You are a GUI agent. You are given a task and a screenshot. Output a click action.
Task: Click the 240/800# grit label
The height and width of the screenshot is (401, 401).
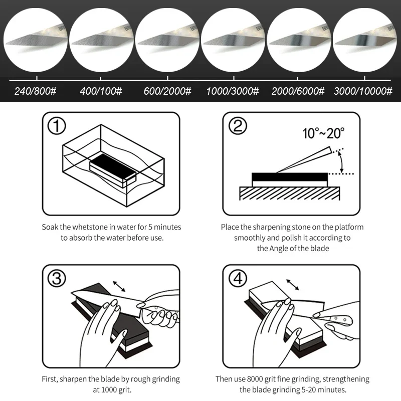[35, 91]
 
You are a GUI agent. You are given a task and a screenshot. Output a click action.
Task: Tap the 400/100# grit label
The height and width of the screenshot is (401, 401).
[101, 91]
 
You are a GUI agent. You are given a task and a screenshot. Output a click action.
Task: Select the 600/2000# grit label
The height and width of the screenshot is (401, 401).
[167, 91]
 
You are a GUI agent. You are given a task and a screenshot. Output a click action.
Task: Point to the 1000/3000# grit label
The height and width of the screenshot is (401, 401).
[233, 91]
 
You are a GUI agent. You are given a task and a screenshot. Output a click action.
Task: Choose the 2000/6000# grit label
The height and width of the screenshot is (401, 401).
[298, 91]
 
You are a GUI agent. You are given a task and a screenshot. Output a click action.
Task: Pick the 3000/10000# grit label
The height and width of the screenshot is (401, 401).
[363, 91]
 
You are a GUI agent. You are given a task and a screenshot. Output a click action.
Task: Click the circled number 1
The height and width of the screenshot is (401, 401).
[57, 126]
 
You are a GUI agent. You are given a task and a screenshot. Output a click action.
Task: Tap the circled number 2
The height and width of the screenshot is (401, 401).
[238, 126]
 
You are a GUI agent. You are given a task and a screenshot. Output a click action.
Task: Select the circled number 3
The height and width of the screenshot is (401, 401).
[57, 278]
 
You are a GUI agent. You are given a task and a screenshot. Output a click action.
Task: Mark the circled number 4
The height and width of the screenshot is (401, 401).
[238, 278]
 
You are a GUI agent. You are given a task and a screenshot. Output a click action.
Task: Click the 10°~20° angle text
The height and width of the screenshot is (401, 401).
[323, 133]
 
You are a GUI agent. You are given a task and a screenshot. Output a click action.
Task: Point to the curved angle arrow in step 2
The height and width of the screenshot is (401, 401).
[342, 161]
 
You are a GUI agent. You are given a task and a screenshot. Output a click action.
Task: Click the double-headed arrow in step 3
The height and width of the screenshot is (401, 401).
[119, 286]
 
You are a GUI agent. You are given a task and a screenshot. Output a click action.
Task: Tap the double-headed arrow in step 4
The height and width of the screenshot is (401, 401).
[293, 285]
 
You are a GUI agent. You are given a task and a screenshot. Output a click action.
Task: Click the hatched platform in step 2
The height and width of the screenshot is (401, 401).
[290, 193]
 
